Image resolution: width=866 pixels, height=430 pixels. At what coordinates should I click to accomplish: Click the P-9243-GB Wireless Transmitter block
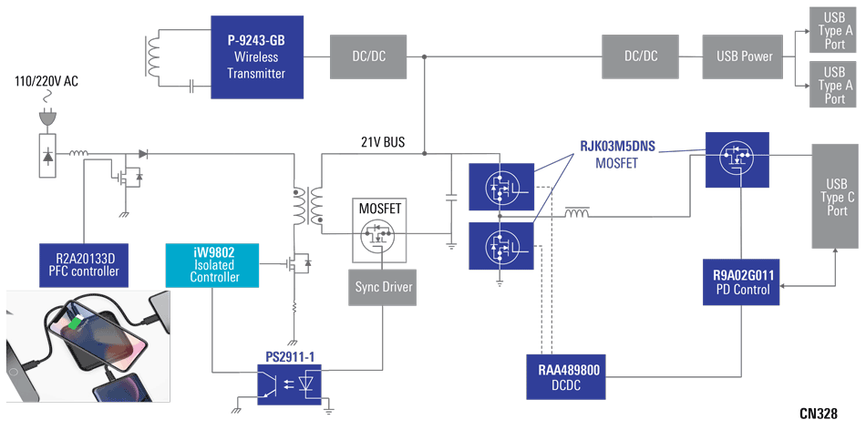[x=256, y=57]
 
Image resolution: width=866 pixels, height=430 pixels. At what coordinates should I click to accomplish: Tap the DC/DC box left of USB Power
[x=641, y=56]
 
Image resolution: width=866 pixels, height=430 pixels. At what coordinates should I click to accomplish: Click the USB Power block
[x=743, y=56]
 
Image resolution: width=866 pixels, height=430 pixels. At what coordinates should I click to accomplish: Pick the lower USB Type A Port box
[x=834, y=85]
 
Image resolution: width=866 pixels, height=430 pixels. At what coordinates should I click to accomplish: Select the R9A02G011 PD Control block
[x=743, y=282]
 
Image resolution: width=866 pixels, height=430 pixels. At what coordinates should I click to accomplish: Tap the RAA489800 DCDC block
[x=568, y=377]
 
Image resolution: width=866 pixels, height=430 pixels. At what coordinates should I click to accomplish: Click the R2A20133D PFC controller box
[x=83, y=263]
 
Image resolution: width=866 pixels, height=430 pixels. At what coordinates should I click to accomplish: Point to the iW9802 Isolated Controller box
[x=213, y=263]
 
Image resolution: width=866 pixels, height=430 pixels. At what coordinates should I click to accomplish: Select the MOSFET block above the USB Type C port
[x=737, y=159]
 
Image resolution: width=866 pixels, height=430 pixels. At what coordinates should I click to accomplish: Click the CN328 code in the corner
[x=818, y=414]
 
